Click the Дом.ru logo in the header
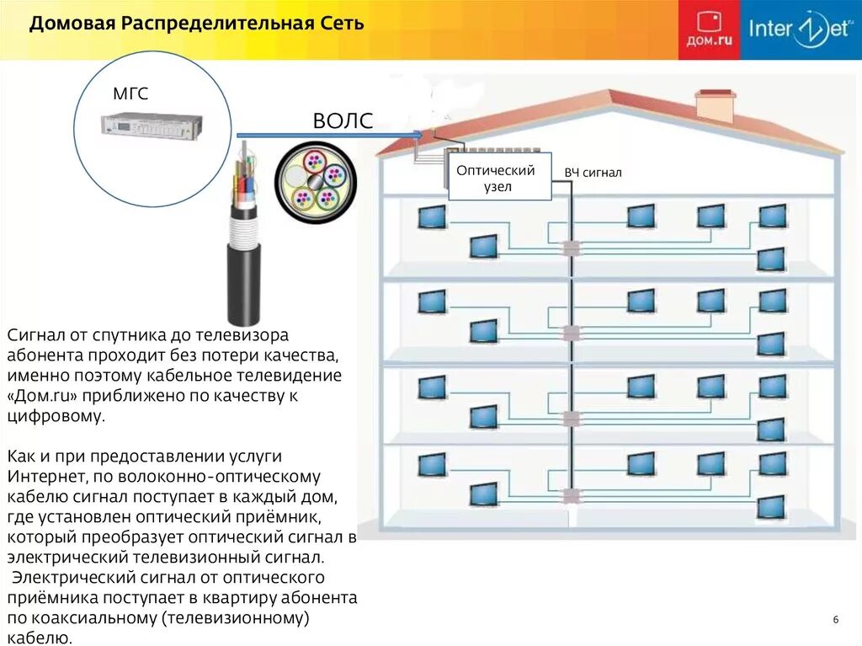point(709,30)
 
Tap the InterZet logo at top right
point(801,30)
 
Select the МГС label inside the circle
point(130,94)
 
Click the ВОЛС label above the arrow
point(342,121)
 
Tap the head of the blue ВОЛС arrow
point(418,135)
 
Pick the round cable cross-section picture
point(316,183)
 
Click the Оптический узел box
point(499,178)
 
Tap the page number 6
point(836,620)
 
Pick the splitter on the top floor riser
point(572,248)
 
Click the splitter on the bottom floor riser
point(572,495)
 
